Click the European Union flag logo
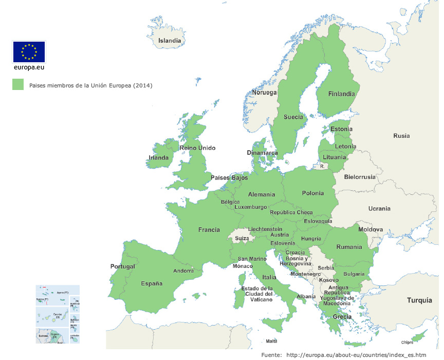[29, 51]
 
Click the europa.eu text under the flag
[29, 67]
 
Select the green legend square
[18, 85]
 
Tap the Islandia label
[170, 41]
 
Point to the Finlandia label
[342, 94]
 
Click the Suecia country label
[293, 117]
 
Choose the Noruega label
[264, 93]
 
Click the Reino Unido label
[197, 148]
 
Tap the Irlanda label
[158, 158]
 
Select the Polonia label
[313, 193]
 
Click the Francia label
[209, 230]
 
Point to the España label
[152, 283]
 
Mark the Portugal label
[123, 266]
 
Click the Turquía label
[420, 300]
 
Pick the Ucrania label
[379, 208]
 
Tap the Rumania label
[349, 247]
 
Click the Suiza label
[242, 239]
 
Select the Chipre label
[406, 343]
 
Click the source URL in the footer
[356, 355]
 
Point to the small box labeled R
[322, 166]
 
